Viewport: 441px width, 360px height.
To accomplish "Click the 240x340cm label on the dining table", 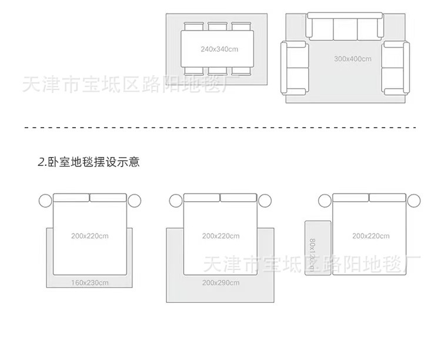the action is click(219, 49).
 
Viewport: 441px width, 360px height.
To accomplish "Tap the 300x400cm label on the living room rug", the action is click(352, 59).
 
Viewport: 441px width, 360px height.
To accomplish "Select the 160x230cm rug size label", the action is click(90, 283).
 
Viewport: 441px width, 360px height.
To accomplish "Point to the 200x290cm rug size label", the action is click(220, 283).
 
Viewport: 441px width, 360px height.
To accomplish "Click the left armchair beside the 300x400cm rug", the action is click(295, 68).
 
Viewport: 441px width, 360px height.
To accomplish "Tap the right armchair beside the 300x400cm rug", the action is click(395, 68).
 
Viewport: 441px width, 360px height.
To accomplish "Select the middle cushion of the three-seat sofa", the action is click(345, 28).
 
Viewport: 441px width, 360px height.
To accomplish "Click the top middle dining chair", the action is click(218, 26).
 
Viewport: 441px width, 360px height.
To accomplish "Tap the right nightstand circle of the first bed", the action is click(135, 201).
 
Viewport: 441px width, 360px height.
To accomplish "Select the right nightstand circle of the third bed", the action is click(414, 201).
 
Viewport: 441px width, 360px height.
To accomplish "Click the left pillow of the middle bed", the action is click(202, 198).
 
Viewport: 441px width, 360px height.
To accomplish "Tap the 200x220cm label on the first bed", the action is click(90, 236).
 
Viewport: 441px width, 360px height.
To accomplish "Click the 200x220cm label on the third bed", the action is click(370, 236).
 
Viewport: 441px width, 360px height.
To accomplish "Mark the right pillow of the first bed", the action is click(108, 198).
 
